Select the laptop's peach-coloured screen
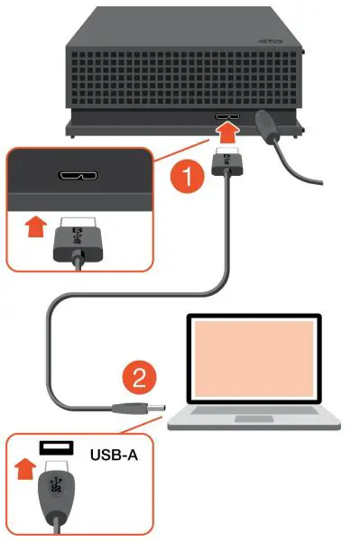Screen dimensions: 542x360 [254, 358]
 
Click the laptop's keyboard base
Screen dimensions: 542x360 [262, 418]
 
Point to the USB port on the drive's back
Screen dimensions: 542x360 [226, 117]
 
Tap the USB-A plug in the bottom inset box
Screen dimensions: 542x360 [54, 494]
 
